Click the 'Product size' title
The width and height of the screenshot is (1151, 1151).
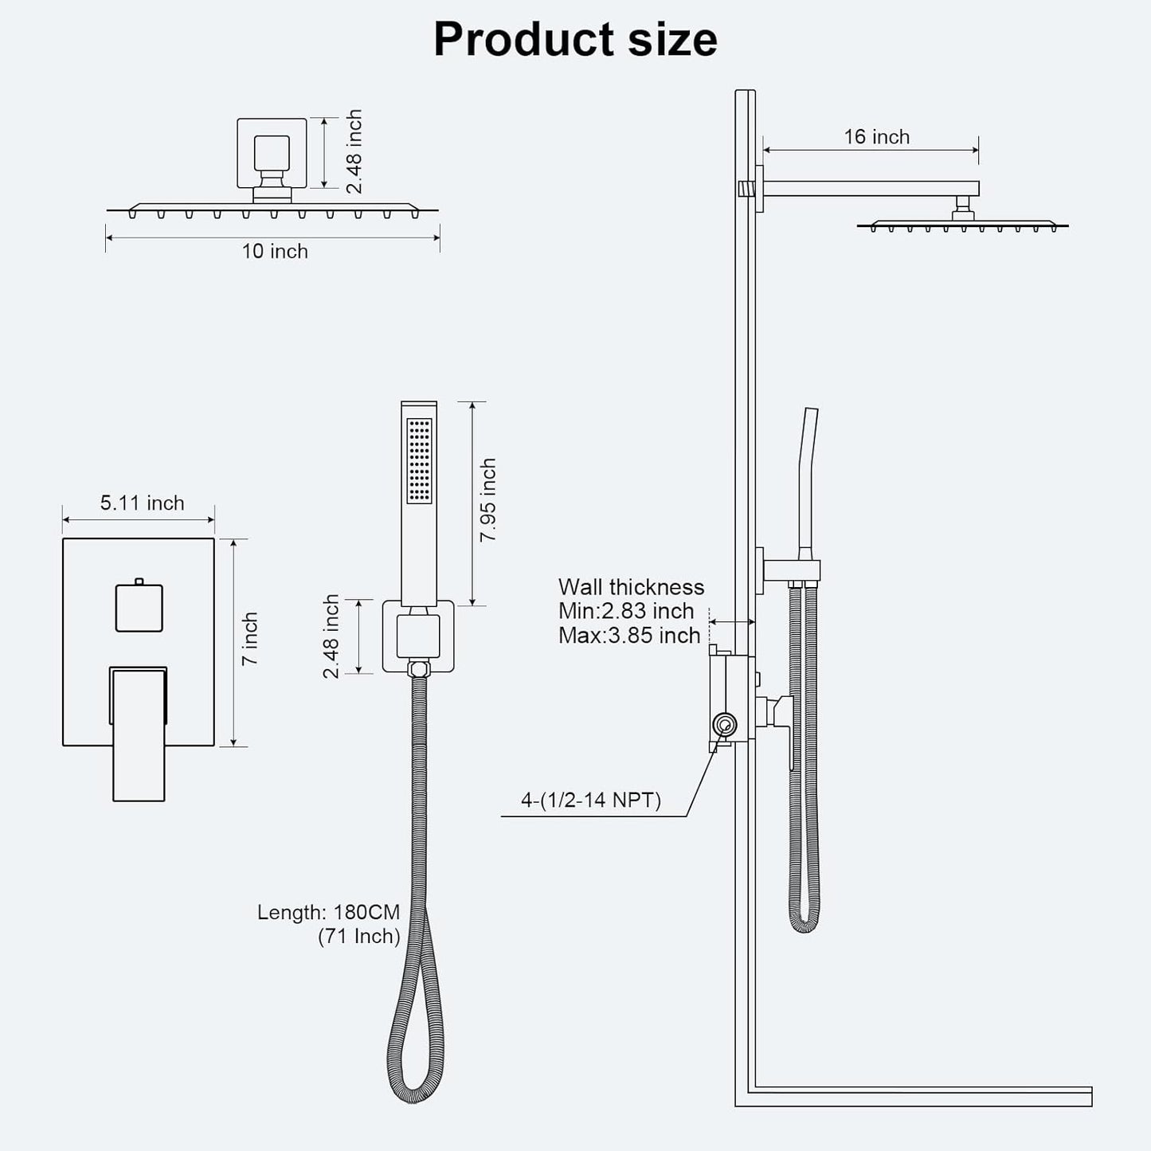tap(575, 39)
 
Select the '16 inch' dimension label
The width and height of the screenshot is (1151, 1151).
tap(876, 137)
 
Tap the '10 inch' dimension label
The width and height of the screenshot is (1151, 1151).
tap(275, 252)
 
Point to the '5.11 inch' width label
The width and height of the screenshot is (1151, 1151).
tap(142, 503)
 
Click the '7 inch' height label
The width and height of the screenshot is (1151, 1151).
tap(250, 639)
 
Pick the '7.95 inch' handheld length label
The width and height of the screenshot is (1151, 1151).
tap(487, 500)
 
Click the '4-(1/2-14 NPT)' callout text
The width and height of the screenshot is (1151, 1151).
tap(591, 800)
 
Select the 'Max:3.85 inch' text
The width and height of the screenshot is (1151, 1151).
tap(629, 636)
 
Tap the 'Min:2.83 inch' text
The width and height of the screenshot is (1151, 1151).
tap(626, 612)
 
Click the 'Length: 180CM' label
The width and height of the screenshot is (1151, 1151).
tap(328, 912)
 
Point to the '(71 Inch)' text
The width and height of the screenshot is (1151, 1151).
tap(358, 937)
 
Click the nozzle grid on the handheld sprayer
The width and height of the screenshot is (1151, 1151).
tap(419, 460)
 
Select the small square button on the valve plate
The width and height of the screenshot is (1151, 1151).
tap(139, 608)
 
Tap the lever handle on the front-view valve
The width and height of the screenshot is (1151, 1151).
tap(139, 733)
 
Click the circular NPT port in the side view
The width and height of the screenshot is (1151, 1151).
tap(725, 725)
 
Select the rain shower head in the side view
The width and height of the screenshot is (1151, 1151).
tap(962, 226)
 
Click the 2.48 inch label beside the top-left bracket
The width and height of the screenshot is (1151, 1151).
tap(354, 151)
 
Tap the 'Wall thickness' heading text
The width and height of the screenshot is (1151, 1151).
tap(631, 588)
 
